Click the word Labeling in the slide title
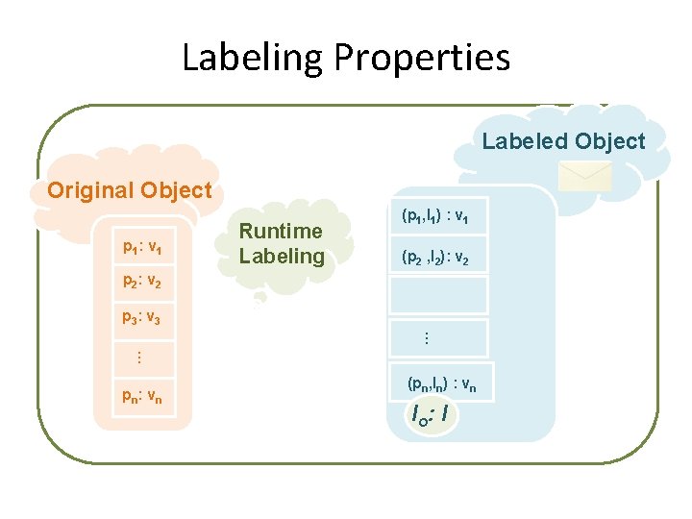point(253,59)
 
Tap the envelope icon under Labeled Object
point(585,175)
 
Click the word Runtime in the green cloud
point(281,231)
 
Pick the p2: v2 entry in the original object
point(141,283)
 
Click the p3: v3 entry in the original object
point(141,317)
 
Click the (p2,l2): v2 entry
point(436,258)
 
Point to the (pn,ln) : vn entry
point(441,383)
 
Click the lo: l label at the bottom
point(431,415)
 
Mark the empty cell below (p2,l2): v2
point(438,296)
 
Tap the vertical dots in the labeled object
point(427,338)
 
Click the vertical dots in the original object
point(137,357)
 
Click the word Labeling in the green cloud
point(282,256)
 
